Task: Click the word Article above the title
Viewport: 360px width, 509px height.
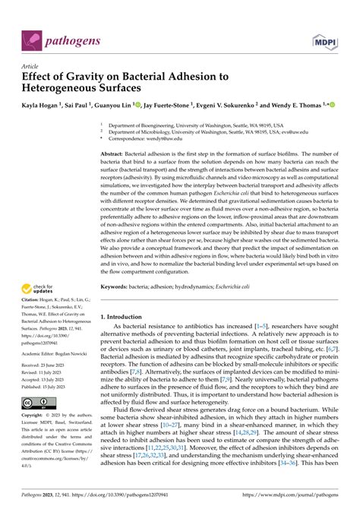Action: point(32,67)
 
